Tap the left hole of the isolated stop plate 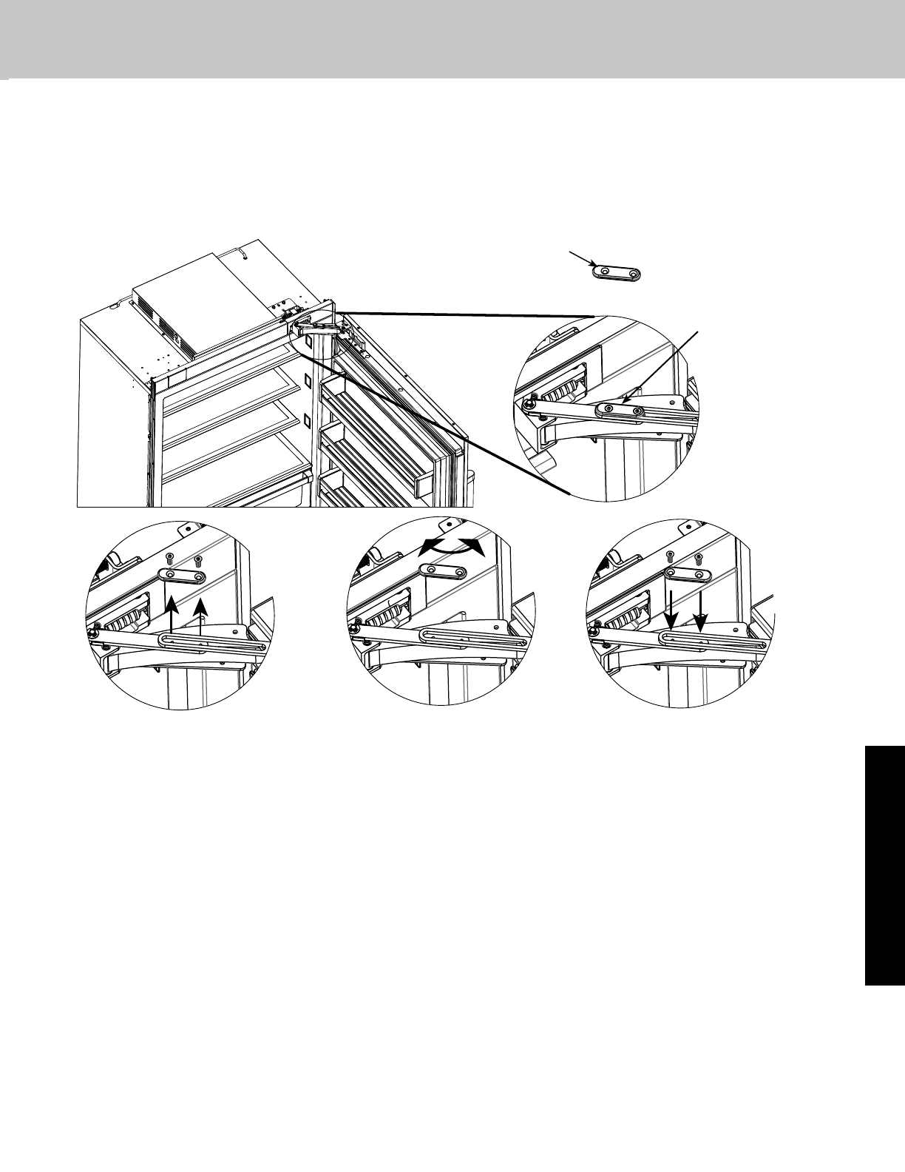606,272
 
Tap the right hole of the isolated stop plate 633,275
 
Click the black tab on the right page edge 884,865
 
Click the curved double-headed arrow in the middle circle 450,547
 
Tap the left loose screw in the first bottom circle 169,556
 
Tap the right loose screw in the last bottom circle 698,556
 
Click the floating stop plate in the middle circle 443,571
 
